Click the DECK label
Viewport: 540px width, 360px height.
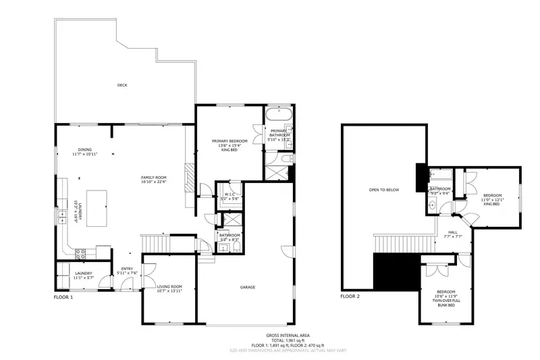(122, 85)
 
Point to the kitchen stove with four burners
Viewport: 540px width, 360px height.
(80, 255)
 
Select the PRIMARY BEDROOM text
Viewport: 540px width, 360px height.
(229, 143)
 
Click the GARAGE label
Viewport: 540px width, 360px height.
(248, 287)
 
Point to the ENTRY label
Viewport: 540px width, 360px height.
(127, 270)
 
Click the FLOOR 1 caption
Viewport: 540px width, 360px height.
(63, 297)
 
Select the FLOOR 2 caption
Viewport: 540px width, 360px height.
(350, 297)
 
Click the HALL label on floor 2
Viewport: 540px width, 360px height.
(452, 233)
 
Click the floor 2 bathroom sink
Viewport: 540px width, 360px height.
(432, 204)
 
